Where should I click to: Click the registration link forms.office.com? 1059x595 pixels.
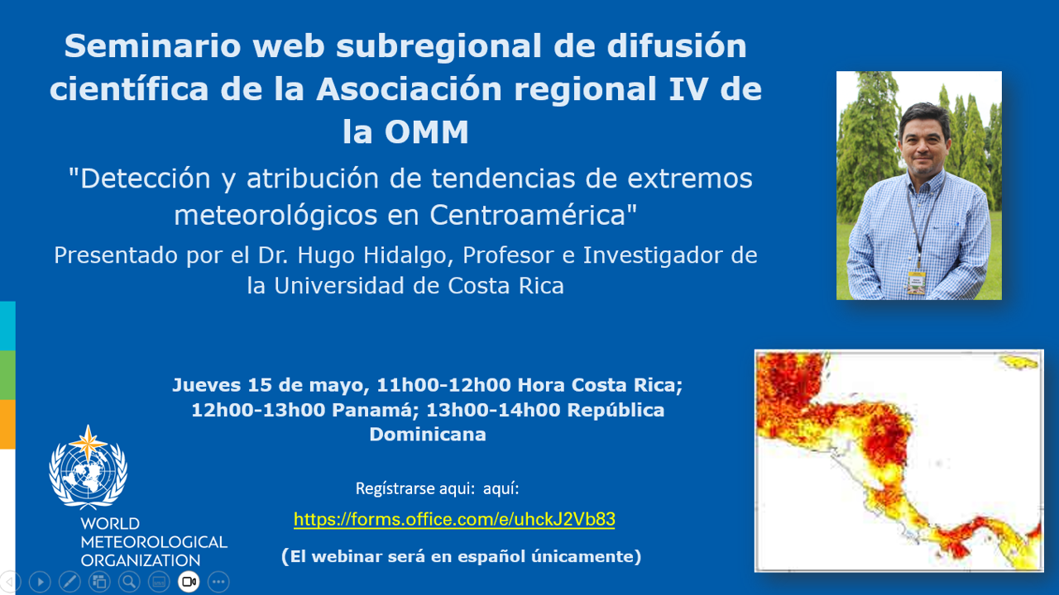click(454, 519)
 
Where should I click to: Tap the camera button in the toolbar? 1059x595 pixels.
click(189, 581)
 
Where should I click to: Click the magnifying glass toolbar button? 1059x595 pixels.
click(129, 581)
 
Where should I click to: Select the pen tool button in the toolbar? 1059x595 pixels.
click(70, 581)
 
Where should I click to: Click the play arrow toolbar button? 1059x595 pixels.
click(41, 581)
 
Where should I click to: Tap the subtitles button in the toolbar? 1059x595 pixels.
click(159, 581)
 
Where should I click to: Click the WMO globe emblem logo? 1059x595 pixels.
click(88, 468)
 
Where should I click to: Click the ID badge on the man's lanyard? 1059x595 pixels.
click(916, 283)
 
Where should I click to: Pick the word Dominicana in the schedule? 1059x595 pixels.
click(428, 435)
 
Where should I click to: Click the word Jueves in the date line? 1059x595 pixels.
click(206, 385)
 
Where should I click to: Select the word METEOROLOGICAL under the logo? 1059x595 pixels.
click(154, 542)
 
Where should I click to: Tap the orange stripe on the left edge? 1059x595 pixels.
click(7, 424)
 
